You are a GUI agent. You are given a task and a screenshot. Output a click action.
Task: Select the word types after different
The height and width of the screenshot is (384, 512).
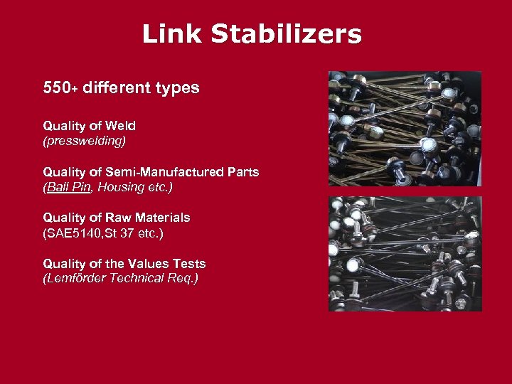click(x=176, y=89)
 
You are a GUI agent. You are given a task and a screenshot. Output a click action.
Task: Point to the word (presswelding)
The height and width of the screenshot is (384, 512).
click(x=84, y=141)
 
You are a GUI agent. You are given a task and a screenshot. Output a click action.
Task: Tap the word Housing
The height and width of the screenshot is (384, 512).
click(x=121, y=188)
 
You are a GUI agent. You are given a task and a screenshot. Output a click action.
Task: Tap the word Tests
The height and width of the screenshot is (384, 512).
click(x=188, y=264)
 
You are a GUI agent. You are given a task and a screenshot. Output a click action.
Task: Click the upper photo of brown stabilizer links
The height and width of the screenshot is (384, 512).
click(x=405, y=129)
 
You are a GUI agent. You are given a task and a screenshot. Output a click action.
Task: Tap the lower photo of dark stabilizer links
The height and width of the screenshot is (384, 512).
click(x=405, y=254)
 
